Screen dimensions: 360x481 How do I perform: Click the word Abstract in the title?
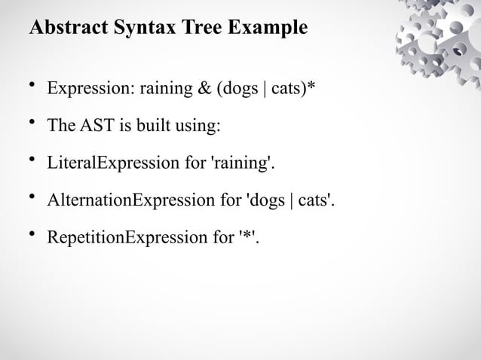[x=64, y=29]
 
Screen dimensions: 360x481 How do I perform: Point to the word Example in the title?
[x=269, y=29]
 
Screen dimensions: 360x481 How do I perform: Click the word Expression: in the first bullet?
[x=87, y=90]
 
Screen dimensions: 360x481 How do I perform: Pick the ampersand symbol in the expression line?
[x=203, y=90]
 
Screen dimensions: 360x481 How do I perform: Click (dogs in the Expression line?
[x=235, y=90]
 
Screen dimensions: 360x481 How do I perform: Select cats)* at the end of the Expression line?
[x=293, y=90]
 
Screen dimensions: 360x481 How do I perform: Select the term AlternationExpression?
[x=130, y=201]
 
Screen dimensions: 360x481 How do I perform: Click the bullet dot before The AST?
[x=32, y=122]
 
